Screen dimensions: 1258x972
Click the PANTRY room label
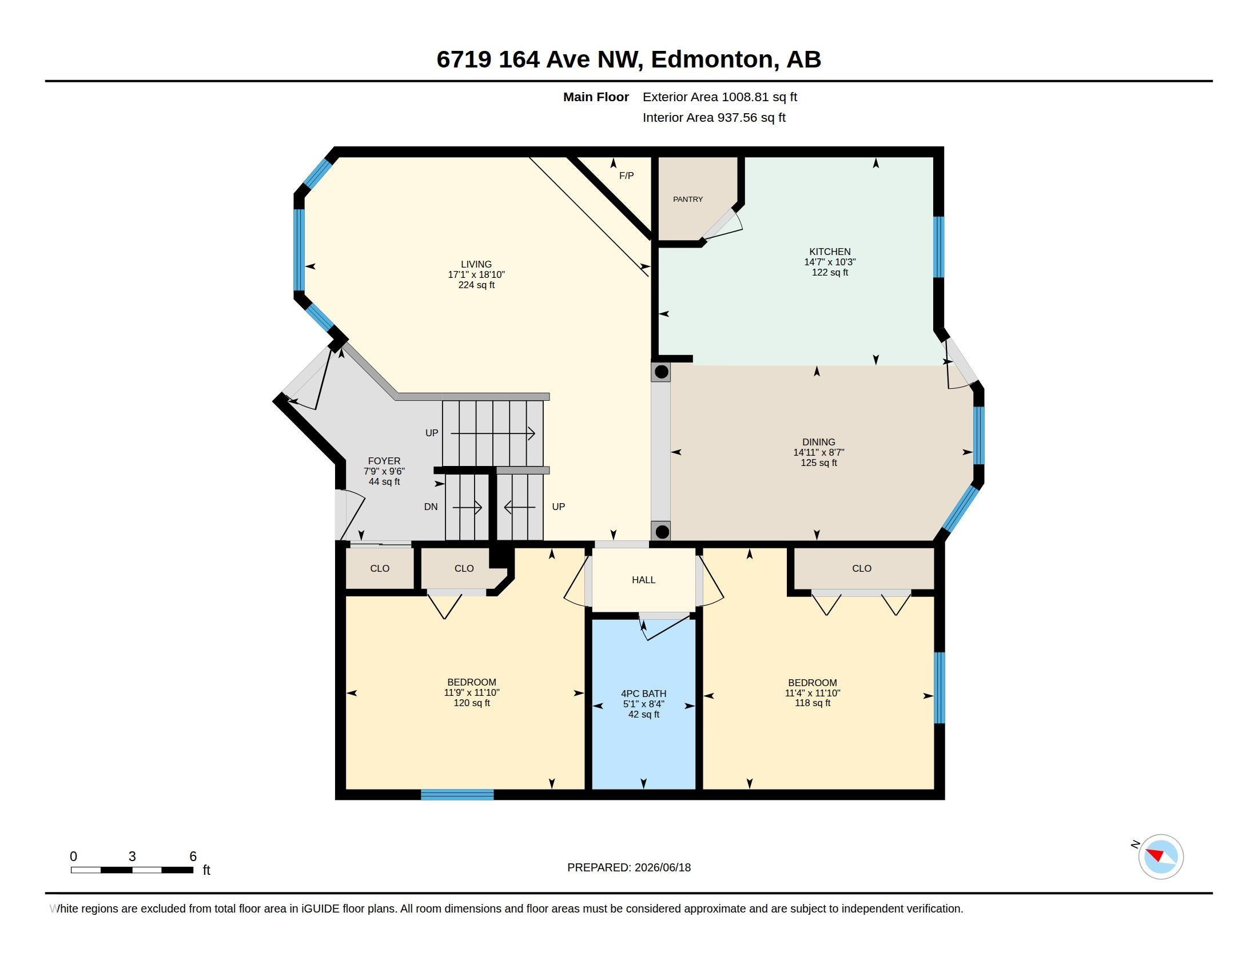click(x=688, y=199)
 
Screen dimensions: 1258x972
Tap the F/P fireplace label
click(x=626, y=176)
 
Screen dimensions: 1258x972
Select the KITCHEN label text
click(x=830, y=252)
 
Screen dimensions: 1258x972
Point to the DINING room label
click(x=818, y=442)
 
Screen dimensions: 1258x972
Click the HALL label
click(x=643, y=580)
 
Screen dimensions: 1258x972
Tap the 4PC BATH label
click(x=643, y=694)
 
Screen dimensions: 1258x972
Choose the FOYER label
click(x=384, y=461)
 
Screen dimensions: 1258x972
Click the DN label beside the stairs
click(x=431, y=507)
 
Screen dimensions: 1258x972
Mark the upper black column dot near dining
click(x=661, y=372)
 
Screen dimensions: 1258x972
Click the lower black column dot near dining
click(x=662, y=531)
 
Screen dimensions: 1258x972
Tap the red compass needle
click(x=1155, y=854)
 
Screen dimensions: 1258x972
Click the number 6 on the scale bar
click(x=193, y=857)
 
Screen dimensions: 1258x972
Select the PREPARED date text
click(x=629, y=867)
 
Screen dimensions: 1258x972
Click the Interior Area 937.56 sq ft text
click(x=714, y=117)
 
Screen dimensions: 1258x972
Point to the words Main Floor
click(x=596, y=97)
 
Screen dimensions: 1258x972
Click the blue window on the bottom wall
click(x=457, y=795)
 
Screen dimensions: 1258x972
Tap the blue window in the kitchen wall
click(x=939, y=247)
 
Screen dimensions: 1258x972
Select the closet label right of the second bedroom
click(x=862, y=568)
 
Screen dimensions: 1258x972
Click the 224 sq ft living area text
click(x=476, y=285)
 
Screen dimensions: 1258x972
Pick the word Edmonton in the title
click(x=712, y=59)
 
